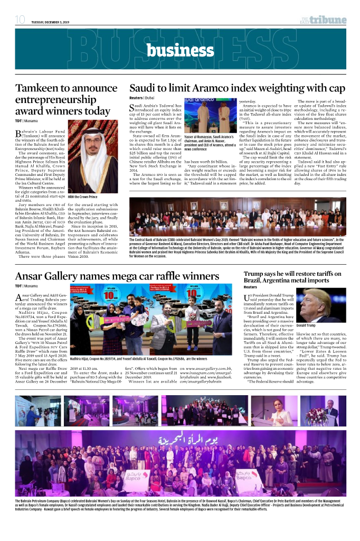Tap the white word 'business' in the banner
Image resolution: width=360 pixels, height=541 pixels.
179,50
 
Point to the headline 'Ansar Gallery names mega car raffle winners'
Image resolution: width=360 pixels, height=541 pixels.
117,276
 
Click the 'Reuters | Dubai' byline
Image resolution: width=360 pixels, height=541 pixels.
142,98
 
